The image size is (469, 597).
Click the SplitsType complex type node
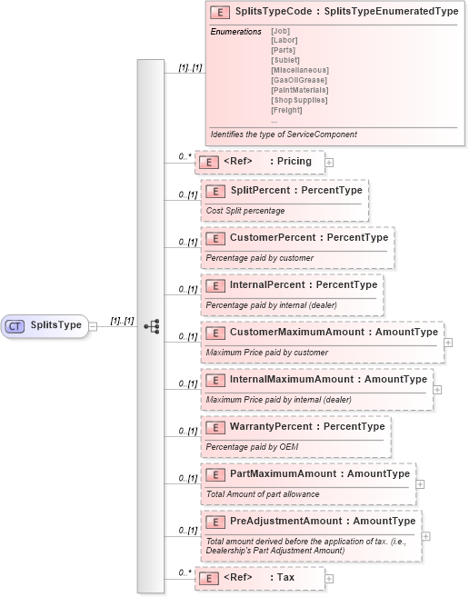pyautogui.click(x=45, y=325)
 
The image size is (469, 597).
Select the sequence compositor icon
pyautogui.click(x=151, y=325)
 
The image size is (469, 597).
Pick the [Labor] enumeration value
pyautogui.click(x=284, y=40)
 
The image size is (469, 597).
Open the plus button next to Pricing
pyautogui.click(x=329, y=162)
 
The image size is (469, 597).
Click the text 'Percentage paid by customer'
pyautogui.click(x=260, y=258)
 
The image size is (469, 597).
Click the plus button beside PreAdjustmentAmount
pyautogui.click(x=426, y=534)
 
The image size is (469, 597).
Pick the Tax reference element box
pyautogui.click(x=259, y=578)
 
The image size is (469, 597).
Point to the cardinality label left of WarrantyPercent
pyautogui.click(x=187, y=431)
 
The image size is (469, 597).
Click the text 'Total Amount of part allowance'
pyautogui.click(x=263, y=494)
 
